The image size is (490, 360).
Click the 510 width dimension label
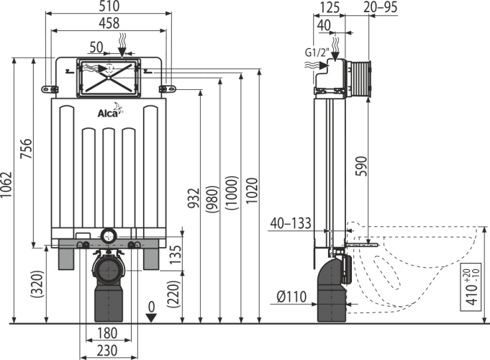[x=109, y=6]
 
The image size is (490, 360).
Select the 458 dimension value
[x=109, y=23]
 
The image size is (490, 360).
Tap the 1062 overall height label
[x=6, y=184]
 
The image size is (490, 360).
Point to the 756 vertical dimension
[x=26, y=148]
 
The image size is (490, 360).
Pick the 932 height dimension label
[x=194, y=198]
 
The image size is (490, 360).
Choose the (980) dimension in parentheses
[x=212, y=199]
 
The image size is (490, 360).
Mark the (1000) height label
[x=232, y=193]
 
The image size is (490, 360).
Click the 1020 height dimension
[x=252, y=191]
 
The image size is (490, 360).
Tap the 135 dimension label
[x=176, y=254]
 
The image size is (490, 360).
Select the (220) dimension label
[x=174, y=294]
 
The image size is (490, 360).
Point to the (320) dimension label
[x=37, y=284]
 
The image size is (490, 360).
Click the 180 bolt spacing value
[x=107, y=333]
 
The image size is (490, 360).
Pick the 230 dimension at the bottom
[x=107, y=351]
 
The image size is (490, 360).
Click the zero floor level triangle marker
[x=151, y=318]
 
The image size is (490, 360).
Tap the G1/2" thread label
[x=317, y=53]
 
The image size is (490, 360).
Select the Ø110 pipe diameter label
[x=291, y=297]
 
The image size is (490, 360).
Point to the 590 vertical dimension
[x=362, y=166]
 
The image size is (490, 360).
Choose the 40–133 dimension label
[x=291, y=223]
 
